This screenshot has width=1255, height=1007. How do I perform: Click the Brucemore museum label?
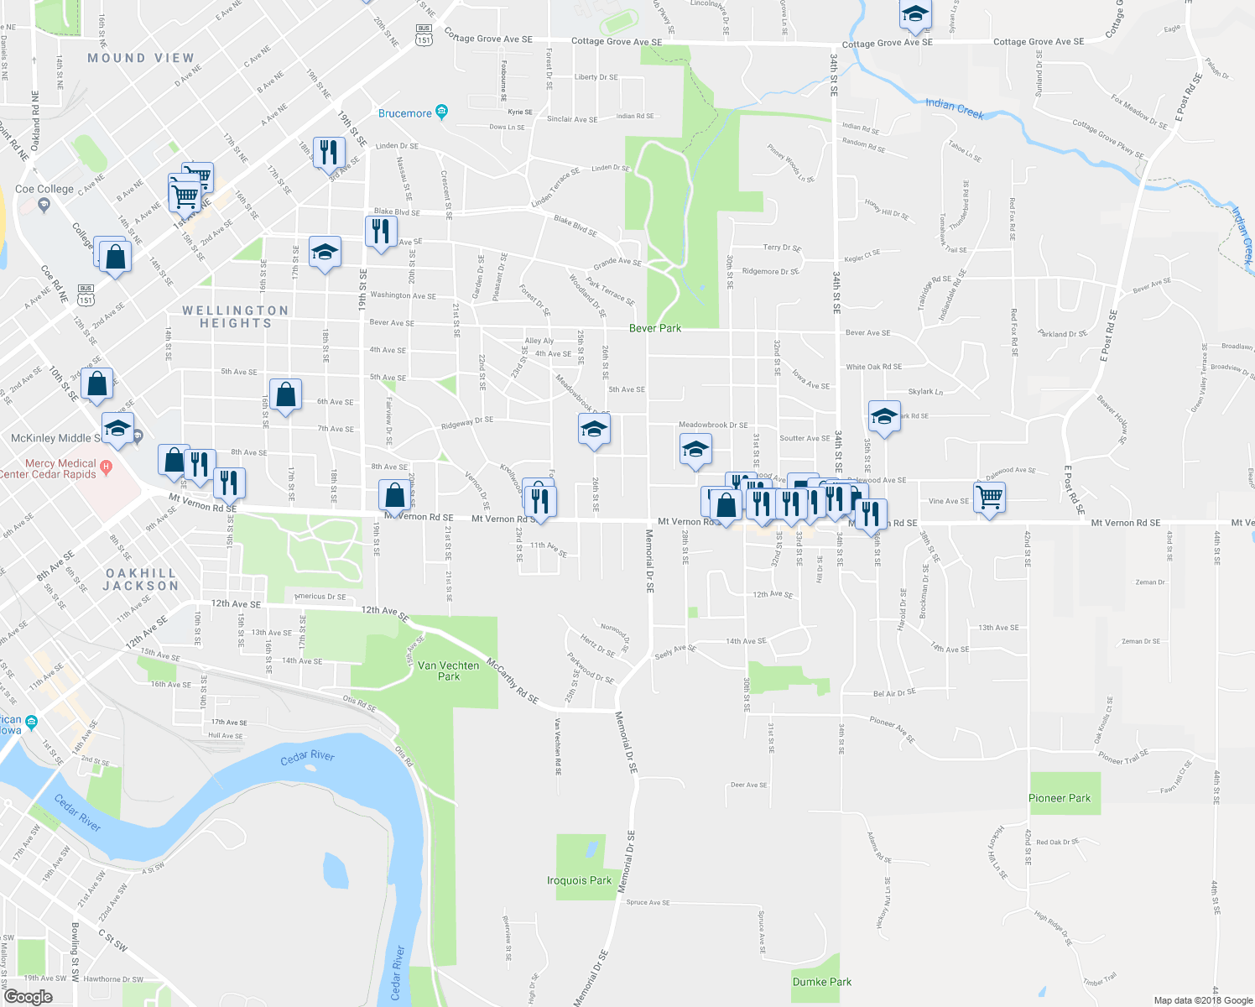coord(405,113)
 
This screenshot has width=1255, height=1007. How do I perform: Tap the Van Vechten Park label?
coord(449,670)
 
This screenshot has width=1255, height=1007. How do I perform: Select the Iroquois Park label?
coord(579,880)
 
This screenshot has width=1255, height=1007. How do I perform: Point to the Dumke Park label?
coord(821,982)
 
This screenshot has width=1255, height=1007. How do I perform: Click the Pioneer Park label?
coord(1060,798)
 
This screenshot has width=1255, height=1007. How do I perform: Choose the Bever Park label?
coord(655,328)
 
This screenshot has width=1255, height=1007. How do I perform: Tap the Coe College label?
coord(44,189)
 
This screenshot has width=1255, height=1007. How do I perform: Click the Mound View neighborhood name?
coord(141,58)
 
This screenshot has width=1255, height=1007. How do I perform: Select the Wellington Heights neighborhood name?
coord(236,316)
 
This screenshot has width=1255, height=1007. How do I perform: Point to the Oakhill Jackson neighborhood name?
coord(141,579)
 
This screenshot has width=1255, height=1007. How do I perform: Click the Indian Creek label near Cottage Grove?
coord(954,108)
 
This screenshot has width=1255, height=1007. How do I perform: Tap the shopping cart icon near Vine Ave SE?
coord(990,496)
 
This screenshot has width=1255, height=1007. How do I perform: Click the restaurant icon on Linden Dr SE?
coord(328,152)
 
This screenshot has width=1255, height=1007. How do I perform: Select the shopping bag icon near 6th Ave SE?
coord(285,394)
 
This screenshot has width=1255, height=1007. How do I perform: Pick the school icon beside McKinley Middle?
coord(117,428)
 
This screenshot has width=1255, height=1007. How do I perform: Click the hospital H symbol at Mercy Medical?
coord(106,466)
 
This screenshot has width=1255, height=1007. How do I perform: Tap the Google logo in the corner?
coord(28,997)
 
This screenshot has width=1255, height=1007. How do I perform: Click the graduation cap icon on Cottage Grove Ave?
coord(914,14)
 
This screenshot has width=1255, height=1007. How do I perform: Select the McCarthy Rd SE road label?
coord(513,681)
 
